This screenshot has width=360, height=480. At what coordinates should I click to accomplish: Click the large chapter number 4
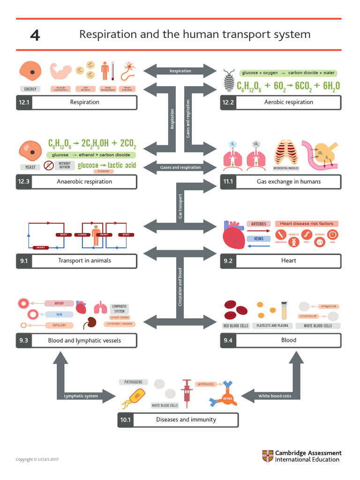click(x=35, y=35)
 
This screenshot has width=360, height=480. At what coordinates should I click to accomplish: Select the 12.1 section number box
click(x=23, y=102)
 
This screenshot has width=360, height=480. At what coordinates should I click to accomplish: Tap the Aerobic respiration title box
click(x=288, y=102)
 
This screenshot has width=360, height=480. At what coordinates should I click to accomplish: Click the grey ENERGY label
click(x=30, y=89)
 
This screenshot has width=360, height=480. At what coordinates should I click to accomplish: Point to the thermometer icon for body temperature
click(x=105, y=71)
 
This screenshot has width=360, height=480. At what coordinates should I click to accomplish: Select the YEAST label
click(x=30, y=167)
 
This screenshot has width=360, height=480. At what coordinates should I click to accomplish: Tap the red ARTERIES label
click(x=258, y=224)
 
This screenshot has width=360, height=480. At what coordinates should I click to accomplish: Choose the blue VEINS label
click(x=258, y=239)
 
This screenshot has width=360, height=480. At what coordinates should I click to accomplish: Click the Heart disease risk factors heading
click(x=307, y=224)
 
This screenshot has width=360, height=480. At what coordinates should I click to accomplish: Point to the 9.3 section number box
click(x=23, y=341)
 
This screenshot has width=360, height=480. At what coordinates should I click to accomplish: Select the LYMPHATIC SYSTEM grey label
click(x=120, y=308)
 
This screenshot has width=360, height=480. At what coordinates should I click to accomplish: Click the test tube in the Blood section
click(x=284, y=310)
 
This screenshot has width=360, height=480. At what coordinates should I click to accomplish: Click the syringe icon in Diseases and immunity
click(x=187, y=391)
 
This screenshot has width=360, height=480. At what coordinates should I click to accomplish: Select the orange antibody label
click(x=206, y=384)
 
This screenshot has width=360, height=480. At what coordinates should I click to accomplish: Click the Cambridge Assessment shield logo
click(x=267, y=456)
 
